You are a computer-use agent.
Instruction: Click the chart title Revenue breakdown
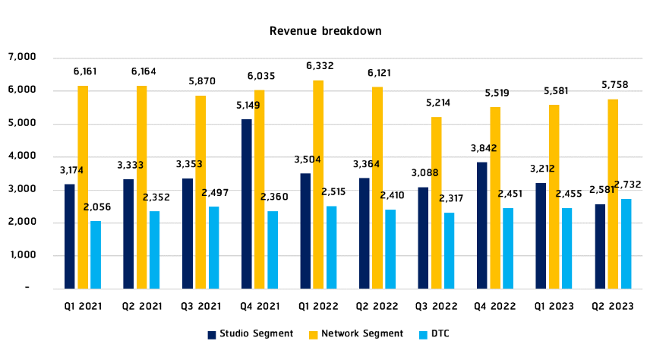tap(325, 32)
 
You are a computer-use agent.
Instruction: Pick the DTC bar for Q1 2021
tap(96, 254)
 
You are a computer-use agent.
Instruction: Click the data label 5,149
tap(247, 106)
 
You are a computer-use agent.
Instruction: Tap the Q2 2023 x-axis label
tap(612, 305)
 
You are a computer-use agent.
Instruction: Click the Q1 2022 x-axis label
tap(318, 305)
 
